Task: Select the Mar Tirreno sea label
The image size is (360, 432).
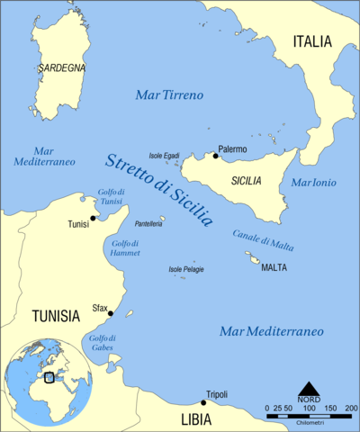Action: (x=168, y=94)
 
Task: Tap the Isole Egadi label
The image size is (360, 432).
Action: (x=168, y=156)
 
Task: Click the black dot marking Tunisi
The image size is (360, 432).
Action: (x=93, y=217)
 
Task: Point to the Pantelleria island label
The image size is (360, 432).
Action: (x=148, y=222)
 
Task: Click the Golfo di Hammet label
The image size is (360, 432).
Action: (x=124, y=248)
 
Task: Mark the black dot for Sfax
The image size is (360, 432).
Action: (x=110, y=313)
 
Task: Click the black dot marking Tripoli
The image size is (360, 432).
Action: (x=202, y=402)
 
